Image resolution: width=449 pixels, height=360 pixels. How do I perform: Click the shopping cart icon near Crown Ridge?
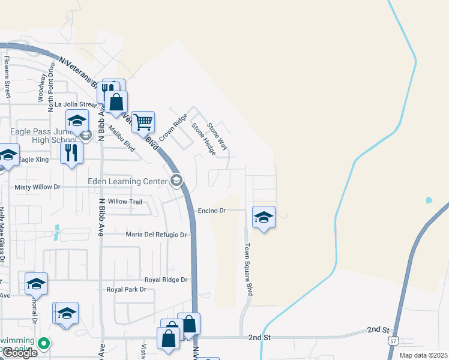(143, 122)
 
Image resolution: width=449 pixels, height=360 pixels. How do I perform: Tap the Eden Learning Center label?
(127, 181)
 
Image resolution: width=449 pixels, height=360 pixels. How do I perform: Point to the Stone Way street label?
(217, 136)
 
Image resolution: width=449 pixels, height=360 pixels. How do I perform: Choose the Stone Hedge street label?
(203, 139)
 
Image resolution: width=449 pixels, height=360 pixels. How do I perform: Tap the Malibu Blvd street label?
(125, 137)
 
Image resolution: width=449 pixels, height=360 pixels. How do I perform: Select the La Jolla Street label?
(75, 104)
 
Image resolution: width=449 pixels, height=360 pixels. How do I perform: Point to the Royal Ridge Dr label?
(166, 280)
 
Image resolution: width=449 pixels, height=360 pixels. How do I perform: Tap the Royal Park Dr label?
(126, 290)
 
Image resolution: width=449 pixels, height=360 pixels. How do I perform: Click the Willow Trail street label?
(125, 202)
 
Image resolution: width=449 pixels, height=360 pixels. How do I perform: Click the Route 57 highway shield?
(393, 341)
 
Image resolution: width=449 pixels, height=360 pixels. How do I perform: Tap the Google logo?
(20, 353)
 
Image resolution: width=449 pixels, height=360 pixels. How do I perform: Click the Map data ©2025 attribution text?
(424, 355)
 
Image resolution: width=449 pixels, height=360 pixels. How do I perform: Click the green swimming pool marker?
(43, 344)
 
